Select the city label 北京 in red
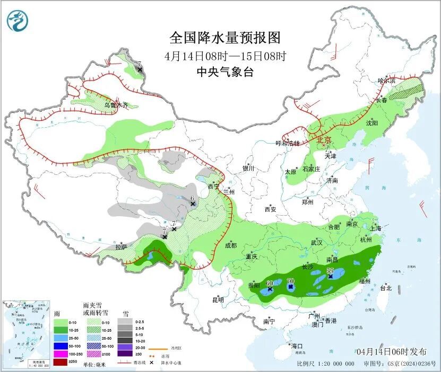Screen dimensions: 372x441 coord(324,140)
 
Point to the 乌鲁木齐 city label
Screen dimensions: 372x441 coord(116,105)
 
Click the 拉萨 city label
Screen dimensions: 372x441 coord(122,246)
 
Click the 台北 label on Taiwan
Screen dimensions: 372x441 coord(386,288)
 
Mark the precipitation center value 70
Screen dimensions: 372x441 coord(290,280)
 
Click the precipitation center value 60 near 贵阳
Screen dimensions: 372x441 coord(270,284)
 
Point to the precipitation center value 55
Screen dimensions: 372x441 coord(330,271)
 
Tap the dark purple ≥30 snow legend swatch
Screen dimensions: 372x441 coord(125,353)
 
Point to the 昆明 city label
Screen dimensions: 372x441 coord(218,300)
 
